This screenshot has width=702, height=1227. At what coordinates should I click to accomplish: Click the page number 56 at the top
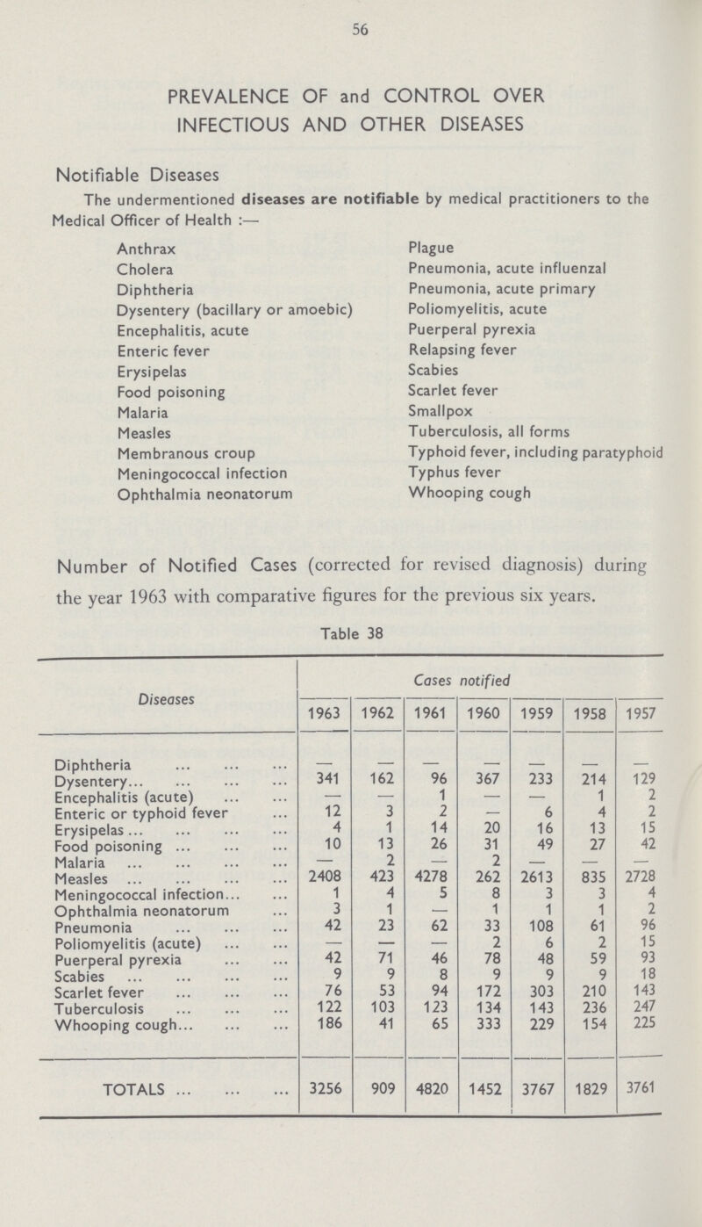pyautogui.click(x=351, y=27)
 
